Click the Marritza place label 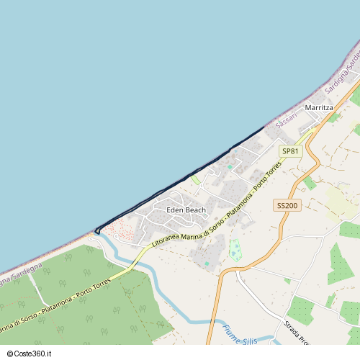tap(319, 107)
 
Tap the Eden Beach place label tap(186, 210)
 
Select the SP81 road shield tap(289, 151)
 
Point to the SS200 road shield tap(287, 206)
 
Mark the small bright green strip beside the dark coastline tap(194, 179)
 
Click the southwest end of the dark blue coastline tap(96, 231)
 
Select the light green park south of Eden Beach tap(235, 249)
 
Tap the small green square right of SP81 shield tap(310, 183)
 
